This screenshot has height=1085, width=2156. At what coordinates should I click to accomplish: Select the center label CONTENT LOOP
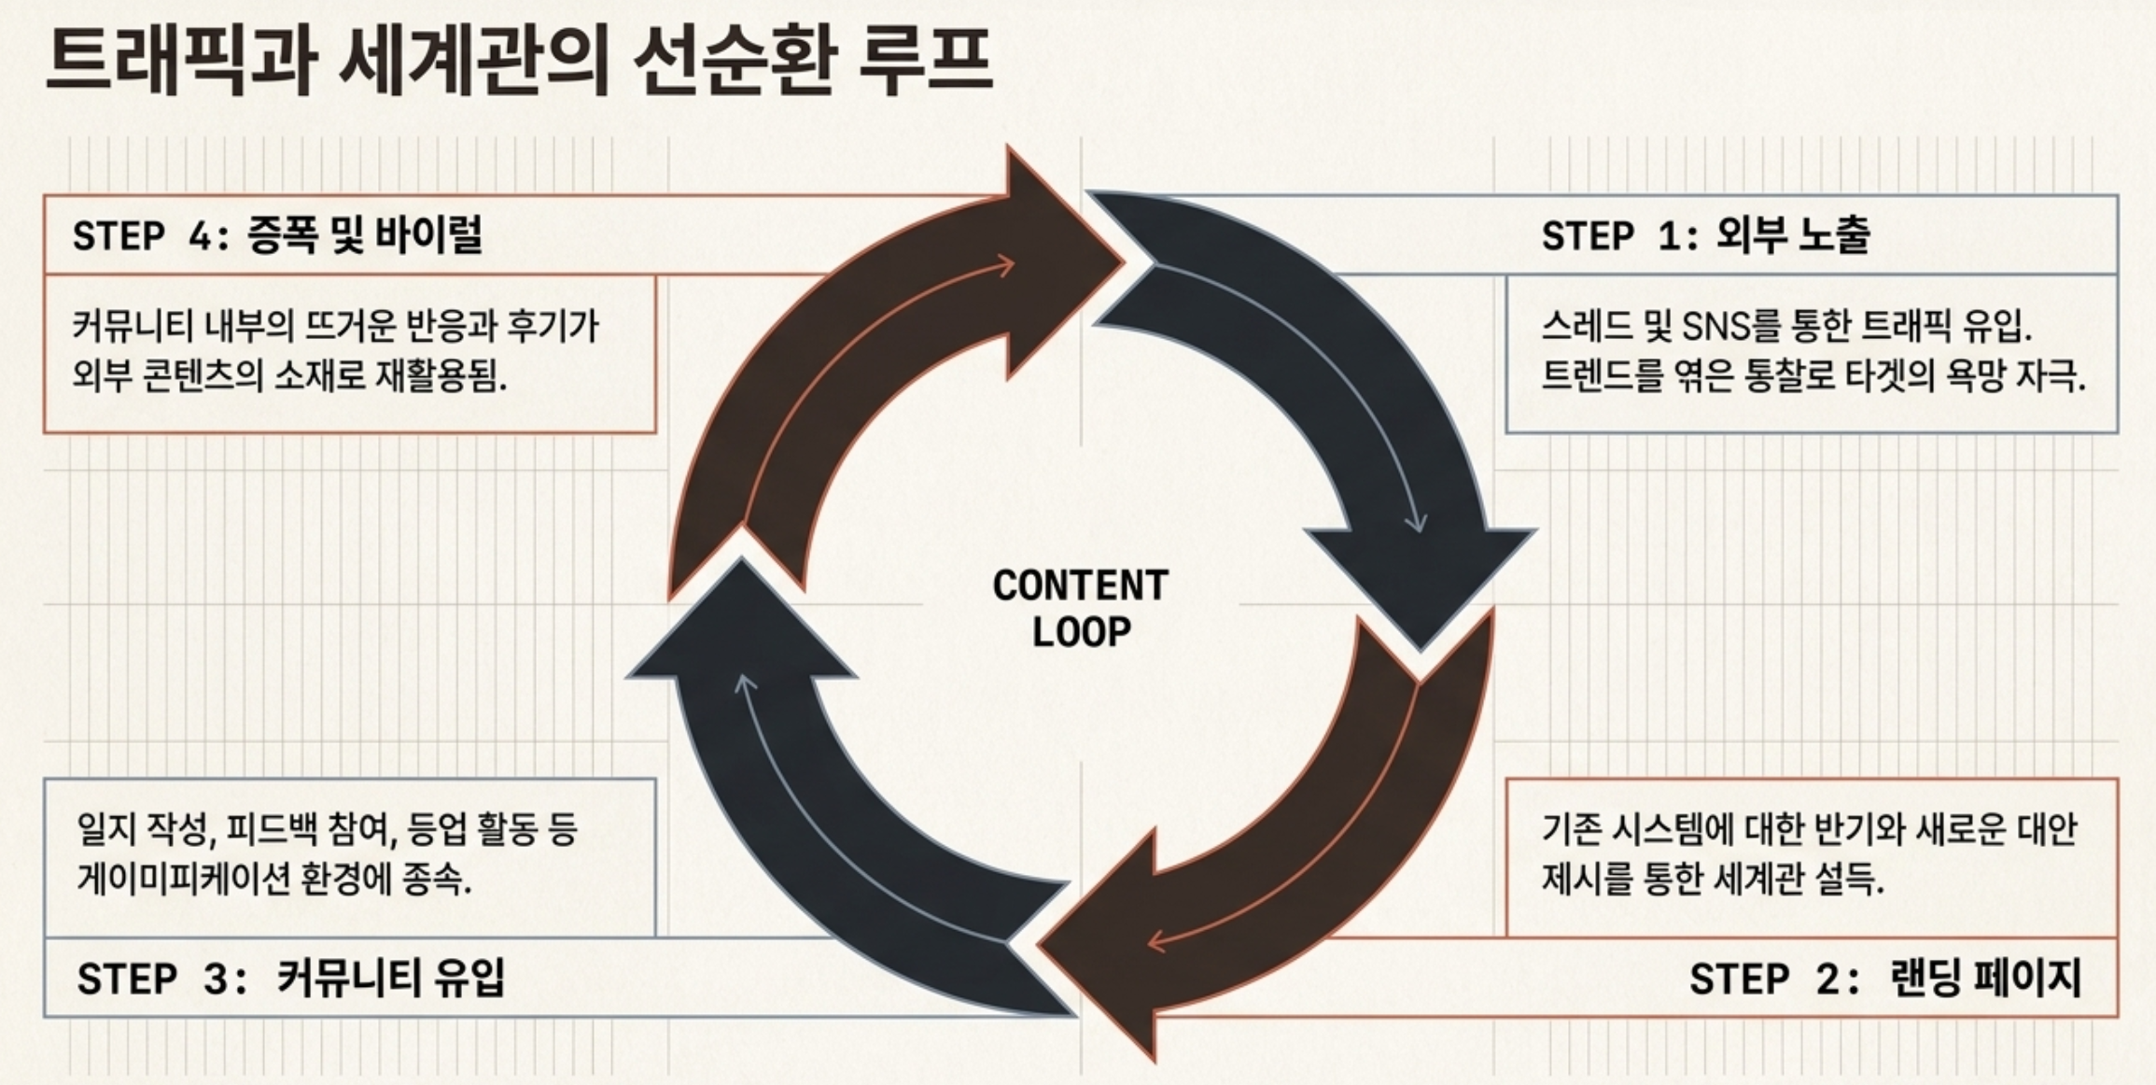pyautogui.click(x=1081, y=609)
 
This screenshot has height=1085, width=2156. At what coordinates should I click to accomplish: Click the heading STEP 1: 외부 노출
pyautogui.click(x=1705, y=235)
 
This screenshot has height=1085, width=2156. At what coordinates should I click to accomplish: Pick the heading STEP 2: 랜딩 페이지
pyautogui.click(x=1885, y=979)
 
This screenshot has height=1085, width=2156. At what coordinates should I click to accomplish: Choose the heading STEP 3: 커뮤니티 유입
pyautogui.click(x=290, y=979)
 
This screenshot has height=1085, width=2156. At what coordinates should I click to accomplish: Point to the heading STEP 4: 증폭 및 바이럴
pyautogui.click(x=277, y=235)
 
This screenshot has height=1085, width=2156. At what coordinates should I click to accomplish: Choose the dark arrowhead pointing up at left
pyautogui.click(x=742, y=621)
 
